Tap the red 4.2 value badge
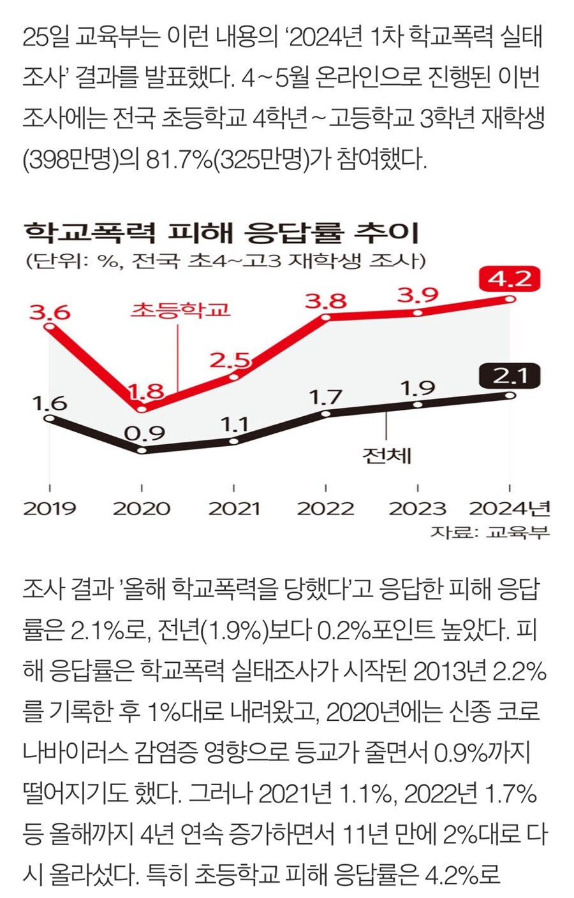click(510, 279)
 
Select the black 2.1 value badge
click(510, 376)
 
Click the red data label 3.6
click(50, 313)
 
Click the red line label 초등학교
click(180, 310)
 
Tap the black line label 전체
click(386, 456)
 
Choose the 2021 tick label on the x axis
click(234, 509)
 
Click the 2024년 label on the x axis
click(509, 509)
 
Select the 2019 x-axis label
click(50, 509)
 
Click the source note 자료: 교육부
click(490, 532)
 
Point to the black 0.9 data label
click(144, 433)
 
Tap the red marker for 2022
click(326, 317)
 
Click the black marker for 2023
click(418, 404)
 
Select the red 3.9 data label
click(418, 295)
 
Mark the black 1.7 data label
click(326, 397)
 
